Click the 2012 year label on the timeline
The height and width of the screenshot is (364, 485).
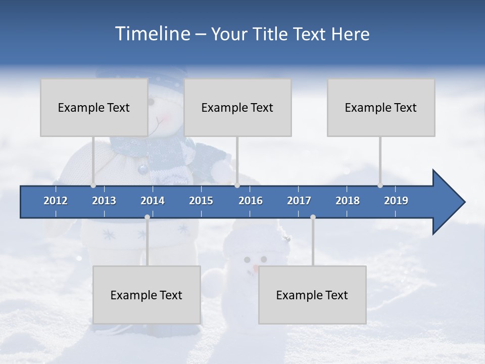tap(56, 201)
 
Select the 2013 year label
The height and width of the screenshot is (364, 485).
tap(104, 201)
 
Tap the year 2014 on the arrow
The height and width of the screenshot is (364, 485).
tap(153, 201)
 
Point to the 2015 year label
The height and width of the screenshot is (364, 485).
tap(201, 201)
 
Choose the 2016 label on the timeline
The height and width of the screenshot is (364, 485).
tap(251, 201)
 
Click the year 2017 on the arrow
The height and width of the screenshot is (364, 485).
tap(299, 201)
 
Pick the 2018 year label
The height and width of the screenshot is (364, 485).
tap(348, 201)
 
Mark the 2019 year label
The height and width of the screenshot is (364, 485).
tap(396, 201)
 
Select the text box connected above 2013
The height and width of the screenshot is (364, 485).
tap(94, 107)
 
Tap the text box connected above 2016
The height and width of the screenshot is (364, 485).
tap(237, 107)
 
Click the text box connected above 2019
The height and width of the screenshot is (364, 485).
tap(381, 107)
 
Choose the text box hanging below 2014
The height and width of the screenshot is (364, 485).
tap(147, 295)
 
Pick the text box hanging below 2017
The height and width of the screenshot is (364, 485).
tap(312, 295)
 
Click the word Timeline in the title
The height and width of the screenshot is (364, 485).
tap(152, 34)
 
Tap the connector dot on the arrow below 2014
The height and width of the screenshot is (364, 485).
tap(147, 217)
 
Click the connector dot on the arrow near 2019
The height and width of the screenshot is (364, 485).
tap(380, 186)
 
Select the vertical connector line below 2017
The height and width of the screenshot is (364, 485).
tap(313, 243)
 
